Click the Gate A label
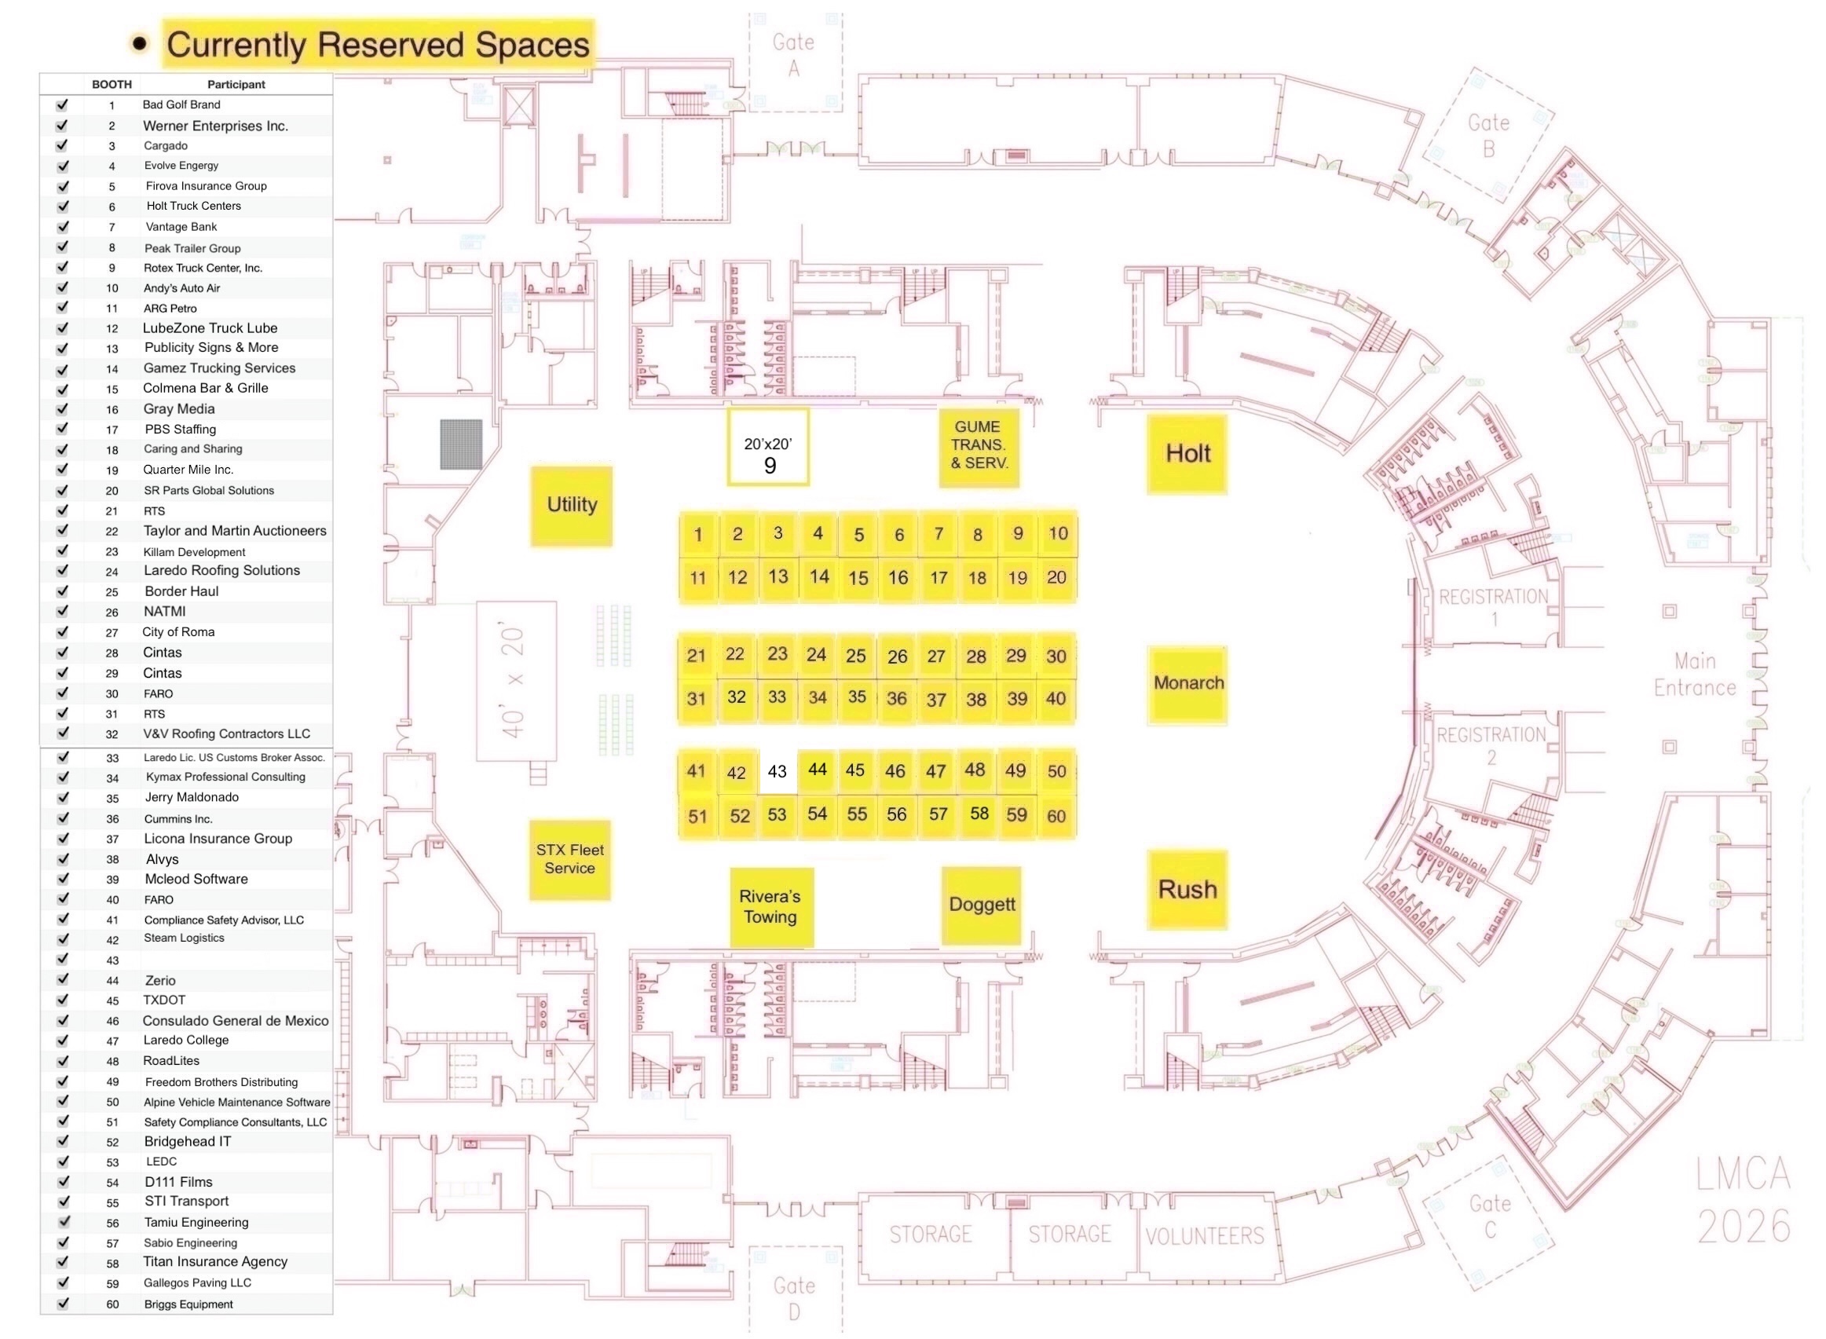(792, 54)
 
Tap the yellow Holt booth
(1187, 454)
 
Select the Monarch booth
(1187, 684)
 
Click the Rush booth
(1187, 889)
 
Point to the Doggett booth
(981, 905)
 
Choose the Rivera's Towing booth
(770, 907)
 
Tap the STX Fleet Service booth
(569, 859)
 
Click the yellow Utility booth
(572, 505)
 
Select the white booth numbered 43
(777, 771)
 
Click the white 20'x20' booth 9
(768, 448)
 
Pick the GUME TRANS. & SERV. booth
(979, 447)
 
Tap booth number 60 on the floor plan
(1056, 816)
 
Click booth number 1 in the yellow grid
(698, 534)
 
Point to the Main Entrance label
(1694, 675)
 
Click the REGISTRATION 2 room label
(1491, 746)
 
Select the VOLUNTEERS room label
(1203, 1235)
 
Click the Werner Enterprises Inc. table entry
(216, 126)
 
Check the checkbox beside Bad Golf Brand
(61, 104)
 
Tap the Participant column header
(236, 84)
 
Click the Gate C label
(1489, 1216)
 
